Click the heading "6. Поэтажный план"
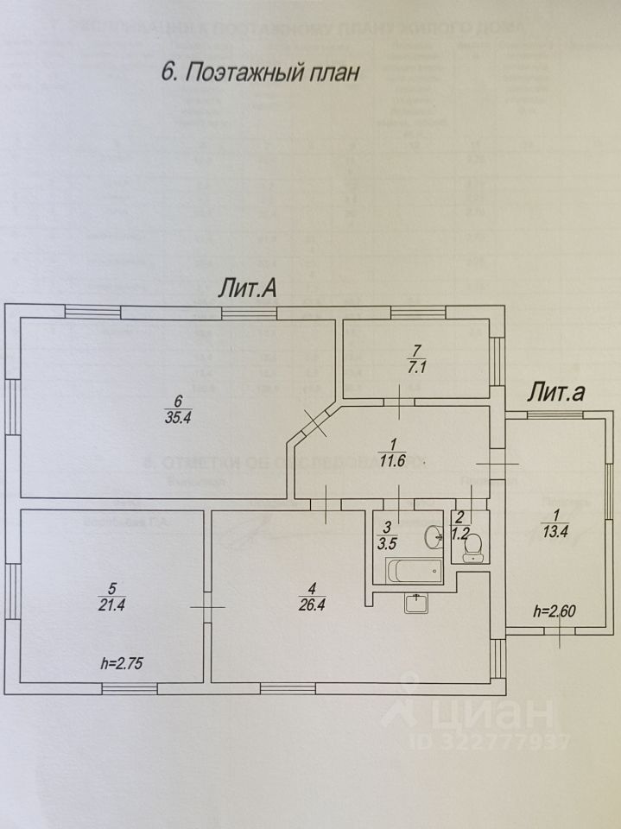259,73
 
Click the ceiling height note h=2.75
123,665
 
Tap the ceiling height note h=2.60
554,611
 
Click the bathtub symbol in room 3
414,571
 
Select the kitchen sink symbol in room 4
417,603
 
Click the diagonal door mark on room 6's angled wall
314,423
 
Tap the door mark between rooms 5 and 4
207,605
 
